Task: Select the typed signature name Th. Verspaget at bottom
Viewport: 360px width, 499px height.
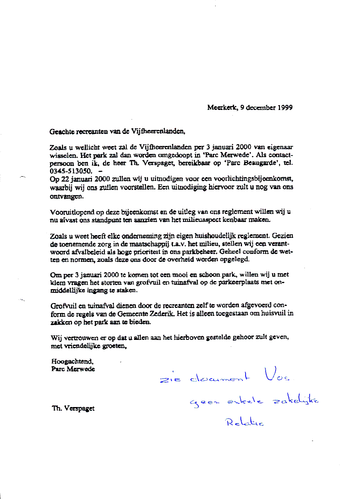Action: (74, 409)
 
